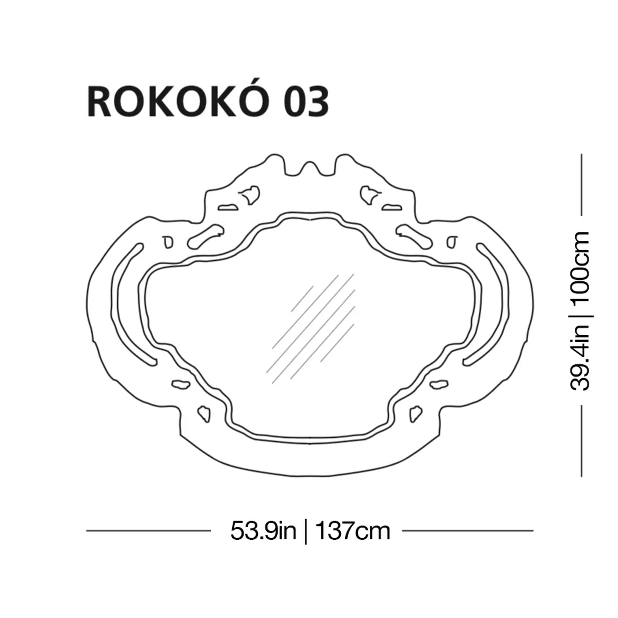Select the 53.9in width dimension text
pos(264,531)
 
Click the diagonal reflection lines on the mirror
pos(311,329)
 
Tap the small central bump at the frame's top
pos(310,168)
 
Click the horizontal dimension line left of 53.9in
pos(148,531)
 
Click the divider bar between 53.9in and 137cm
pos(306,532)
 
